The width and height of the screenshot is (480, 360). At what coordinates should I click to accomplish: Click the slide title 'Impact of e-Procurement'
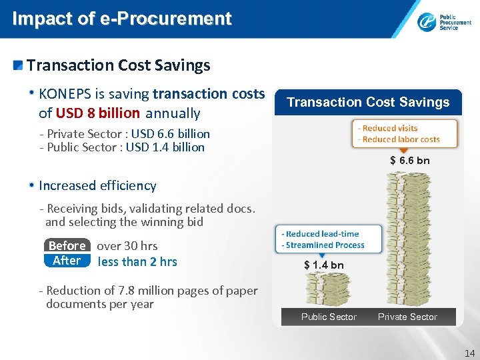click(121, 19)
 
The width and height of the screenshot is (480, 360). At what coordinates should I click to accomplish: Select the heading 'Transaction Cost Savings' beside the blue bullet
click(118, 65)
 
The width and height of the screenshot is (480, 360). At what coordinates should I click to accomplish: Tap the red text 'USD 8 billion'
click(97, 113)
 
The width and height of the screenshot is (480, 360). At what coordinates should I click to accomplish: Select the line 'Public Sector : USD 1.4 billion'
click(124, 147)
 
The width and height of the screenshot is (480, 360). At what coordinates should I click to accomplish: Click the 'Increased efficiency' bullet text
click(97, 186)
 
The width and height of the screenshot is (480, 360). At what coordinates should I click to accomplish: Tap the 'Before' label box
click(67, 245)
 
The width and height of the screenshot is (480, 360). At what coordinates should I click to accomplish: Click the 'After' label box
click(67, 261)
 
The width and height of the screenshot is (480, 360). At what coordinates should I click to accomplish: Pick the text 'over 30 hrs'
click(127, 246)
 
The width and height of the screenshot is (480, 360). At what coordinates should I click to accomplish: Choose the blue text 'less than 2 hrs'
click(137, 261)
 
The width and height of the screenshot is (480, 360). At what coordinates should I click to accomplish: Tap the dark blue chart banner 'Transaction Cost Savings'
click(368, 102)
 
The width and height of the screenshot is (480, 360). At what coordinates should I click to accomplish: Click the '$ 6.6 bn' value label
click(409, 161)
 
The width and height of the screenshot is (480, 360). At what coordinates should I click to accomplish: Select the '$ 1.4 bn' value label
click(324, 265)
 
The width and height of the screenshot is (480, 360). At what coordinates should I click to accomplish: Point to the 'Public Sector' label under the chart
click(329, 317)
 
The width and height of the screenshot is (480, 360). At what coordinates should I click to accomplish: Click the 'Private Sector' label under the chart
click(407, 317)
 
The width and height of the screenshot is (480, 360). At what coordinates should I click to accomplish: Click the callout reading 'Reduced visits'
click(390, 129)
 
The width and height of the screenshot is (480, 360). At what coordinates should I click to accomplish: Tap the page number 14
click(469, 354)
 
